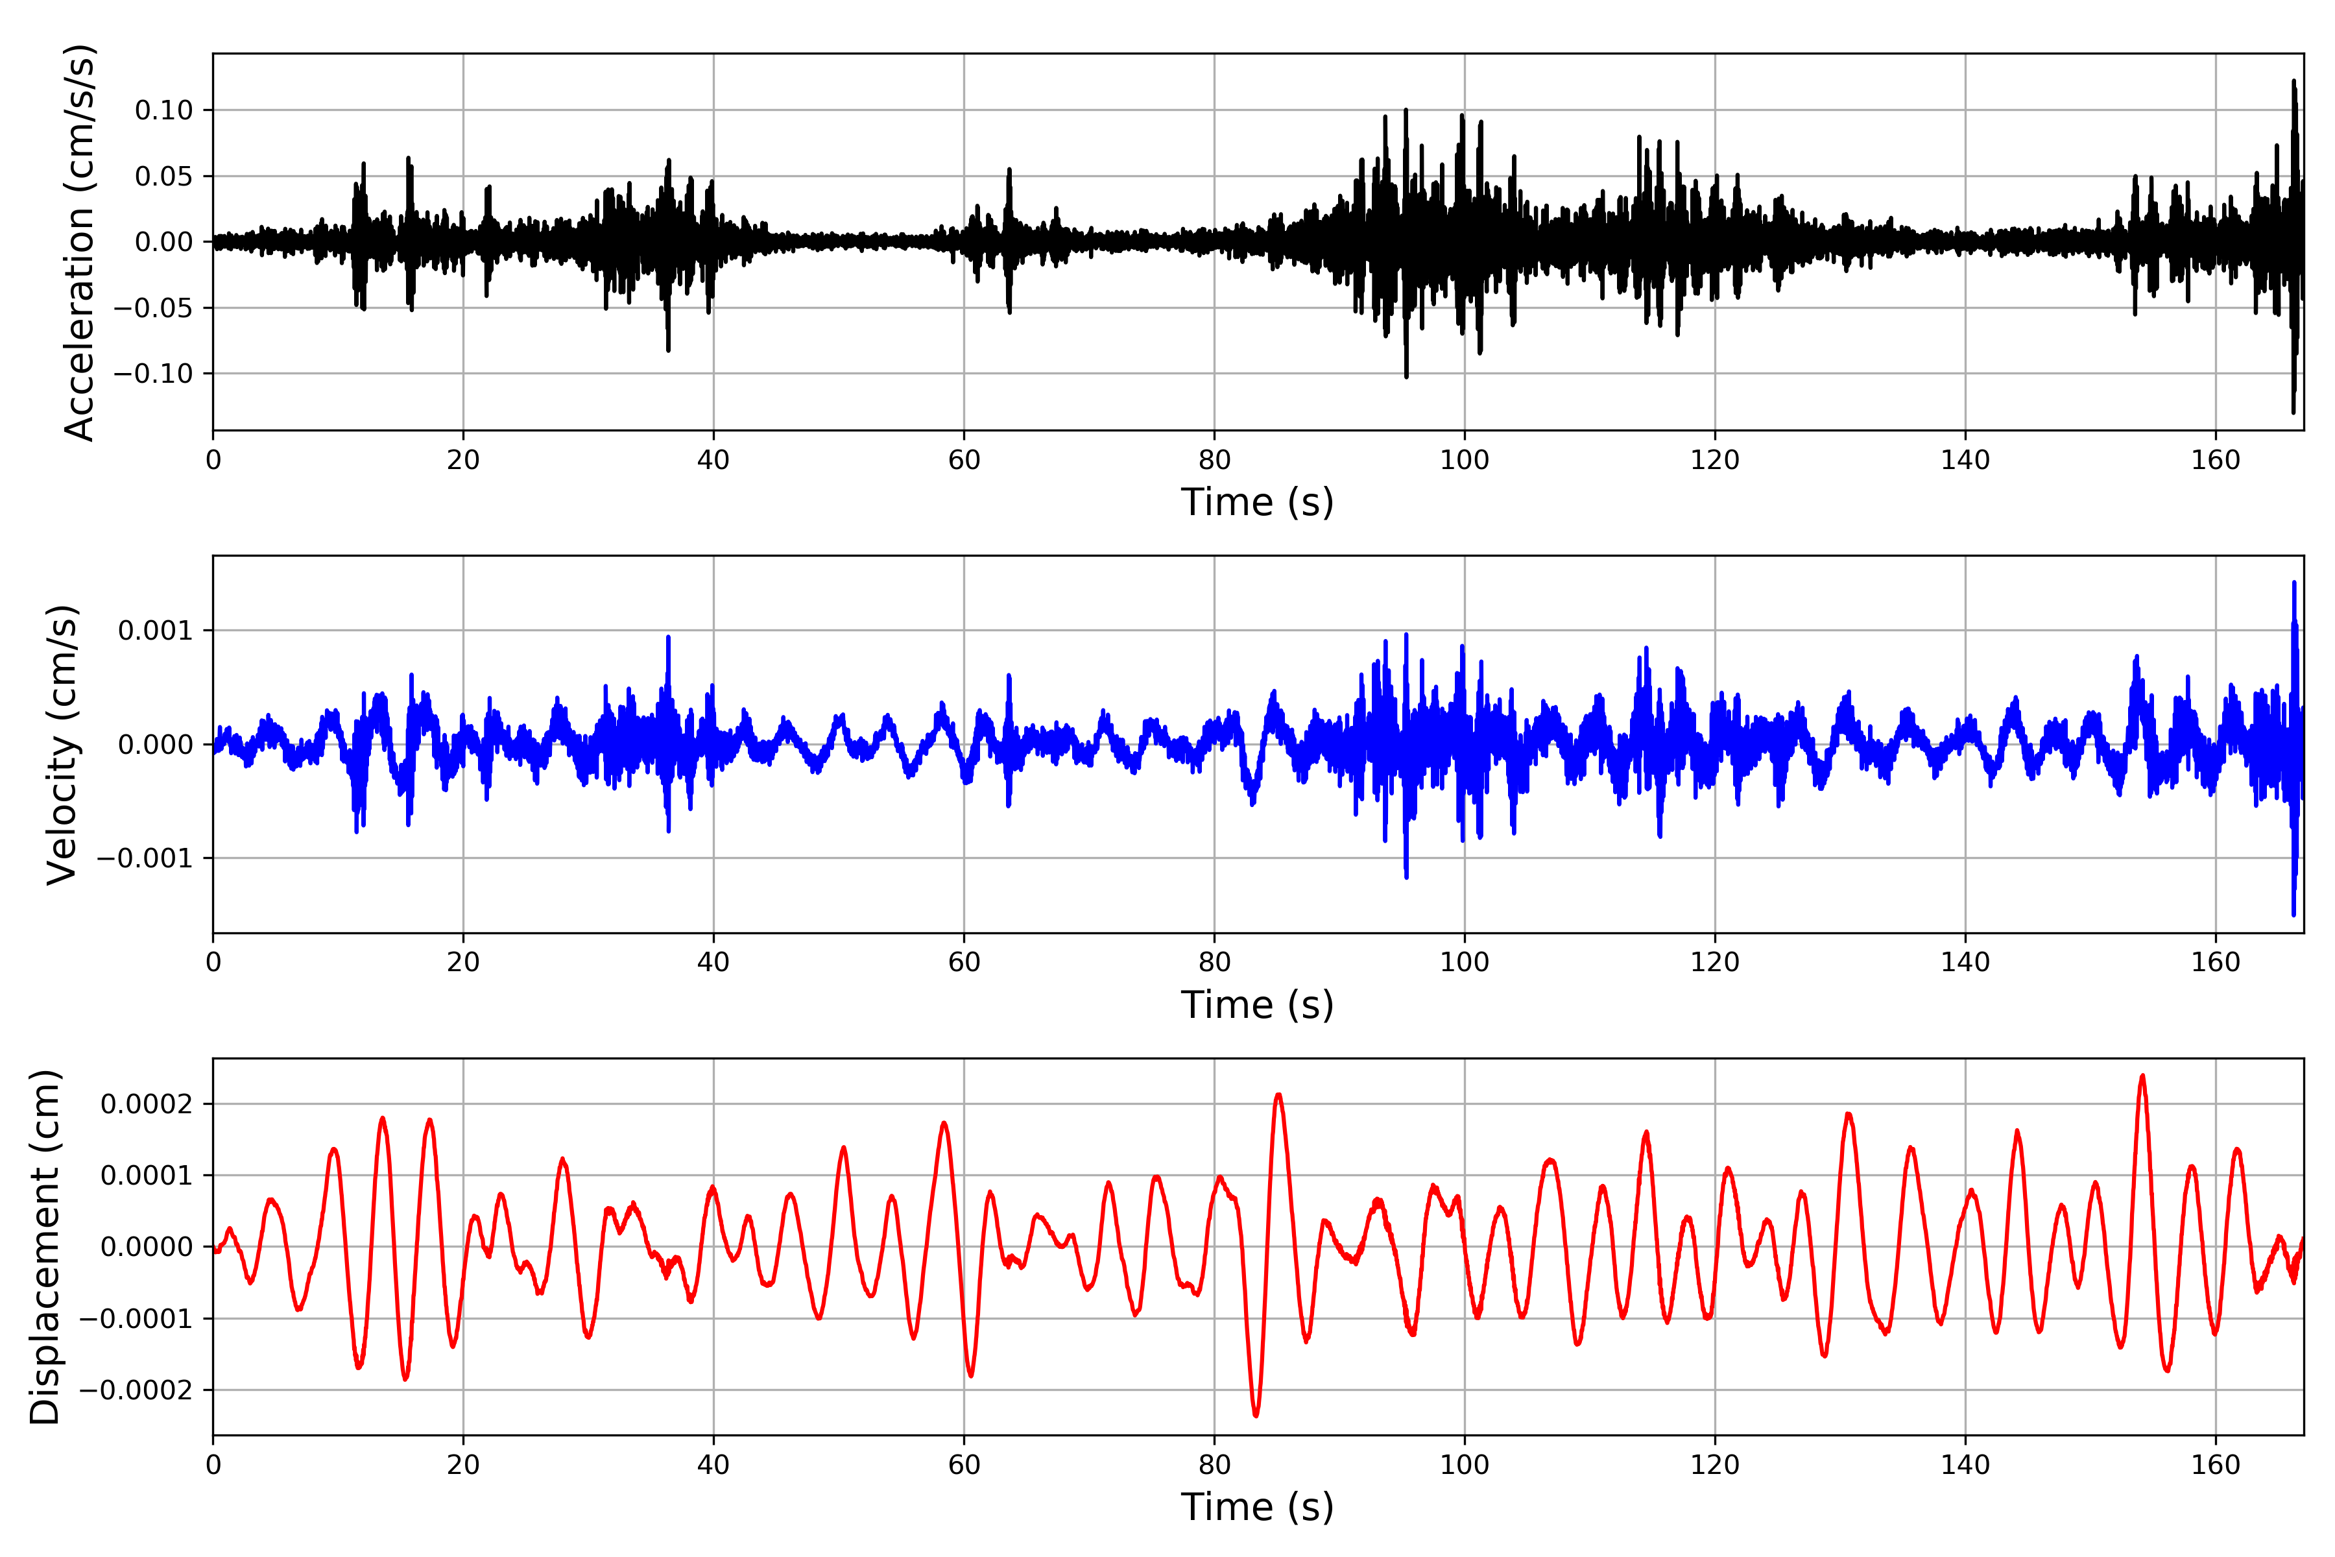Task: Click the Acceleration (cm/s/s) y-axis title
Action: (78, 242)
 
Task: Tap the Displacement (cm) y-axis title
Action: (45, 1246)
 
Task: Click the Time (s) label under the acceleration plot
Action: (1257, 502)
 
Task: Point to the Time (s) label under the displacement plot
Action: (1257, 1507)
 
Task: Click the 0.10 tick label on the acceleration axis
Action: (164, 110)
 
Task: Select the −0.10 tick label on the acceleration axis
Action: (153, 374)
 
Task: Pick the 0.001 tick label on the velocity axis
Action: (155, 631)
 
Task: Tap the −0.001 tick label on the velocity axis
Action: (145, 858)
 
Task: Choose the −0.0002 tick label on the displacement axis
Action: (136, 1390)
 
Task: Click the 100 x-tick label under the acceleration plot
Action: (1465, 461)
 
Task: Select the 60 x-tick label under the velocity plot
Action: (963, 962)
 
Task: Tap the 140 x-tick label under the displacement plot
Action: (1965, 1465)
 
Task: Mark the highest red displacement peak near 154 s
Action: (2142, 1076)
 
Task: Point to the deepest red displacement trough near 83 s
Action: (1256, 1415)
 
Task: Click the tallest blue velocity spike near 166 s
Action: (2293, 583)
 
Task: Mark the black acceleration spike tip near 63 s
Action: (1010, 170)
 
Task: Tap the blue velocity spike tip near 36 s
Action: (668, 638)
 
